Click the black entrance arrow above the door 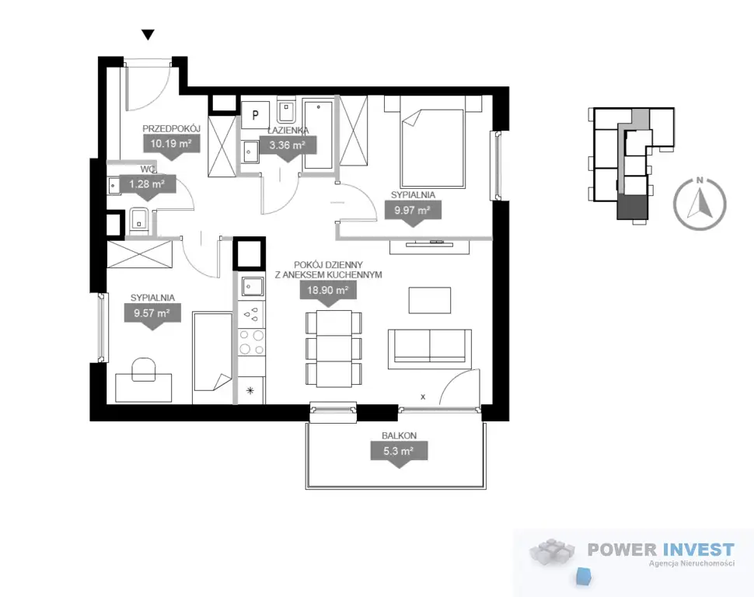(148, 35)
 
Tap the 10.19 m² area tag (171, 145)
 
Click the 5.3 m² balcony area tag (399, 453)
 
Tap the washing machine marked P (255, 115)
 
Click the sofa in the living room (429, 347)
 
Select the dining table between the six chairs (334, 349)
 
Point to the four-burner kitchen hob (252, 342)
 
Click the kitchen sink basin (252, 287)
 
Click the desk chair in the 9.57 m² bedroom (144, 368)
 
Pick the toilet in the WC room (139, 222)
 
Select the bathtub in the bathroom (318, 134)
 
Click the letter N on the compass (700, 180)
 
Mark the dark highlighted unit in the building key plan (633, 208)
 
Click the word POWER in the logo (622, 550)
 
